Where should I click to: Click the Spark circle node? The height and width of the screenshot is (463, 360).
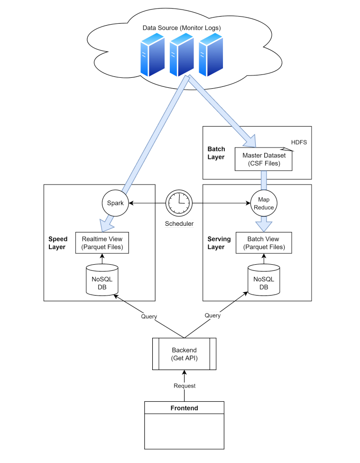click(x=115, y=204)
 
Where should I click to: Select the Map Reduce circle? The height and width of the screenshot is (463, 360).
click(x=263, y=204)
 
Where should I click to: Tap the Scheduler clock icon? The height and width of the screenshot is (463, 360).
click(x=179, y=204)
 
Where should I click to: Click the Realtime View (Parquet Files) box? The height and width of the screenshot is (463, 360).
click(x=102, y=243)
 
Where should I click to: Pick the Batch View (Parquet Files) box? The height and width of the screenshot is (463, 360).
click(x=264, y=243)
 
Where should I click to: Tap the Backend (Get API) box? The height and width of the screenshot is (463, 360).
click(x=184, y=353)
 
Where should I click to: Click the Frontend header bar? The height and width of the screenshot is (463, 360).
click(x=184, y=408)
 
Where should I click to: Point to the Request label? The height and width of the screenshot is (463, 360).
click(x=184, y=386)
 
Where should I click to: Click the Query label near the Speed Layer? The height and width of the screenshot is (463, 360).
click(x=149, y=316)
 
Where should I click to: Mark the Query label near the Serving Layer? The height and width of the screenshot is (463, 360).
click(x=212, y=315)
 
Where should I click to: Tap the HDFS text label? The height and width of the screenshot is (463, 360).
click(x=298, y=142)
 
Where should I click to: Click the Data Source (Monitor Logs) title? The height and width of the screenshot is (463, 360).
click(x=182, y=28)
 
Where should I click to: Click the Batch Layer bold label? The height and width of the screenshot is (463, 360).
click(x=216, y=153)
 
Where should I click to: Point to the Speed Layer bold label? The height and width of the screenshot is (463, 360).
click(x=58, y=243)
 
